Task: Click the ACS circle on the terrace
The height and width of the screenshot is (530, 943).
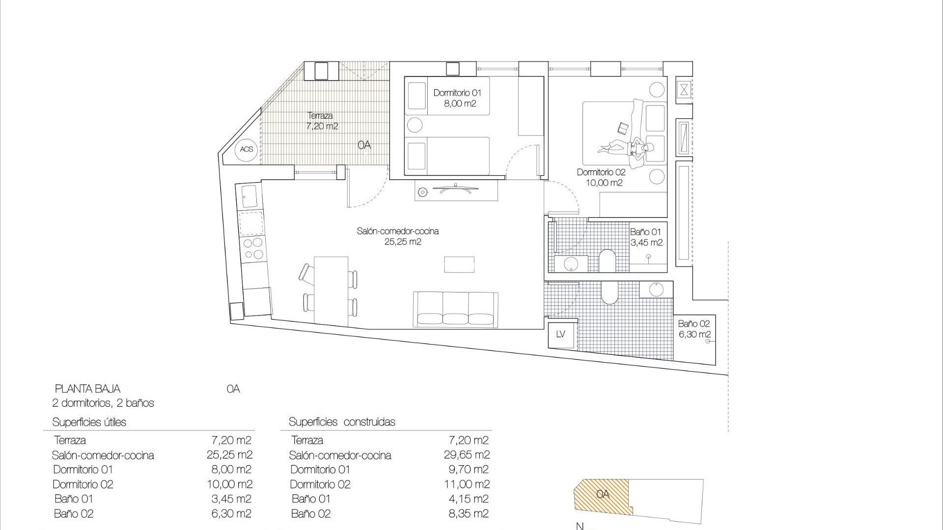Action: pyautogui.click(x=247, y=149)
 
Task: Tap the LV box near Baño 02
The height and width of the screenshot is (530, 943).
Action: pyautogui.click(x=561, y=334)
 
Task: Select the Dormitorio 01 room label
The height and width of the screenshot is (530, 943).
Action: pyautogui.click(x=457, y=98)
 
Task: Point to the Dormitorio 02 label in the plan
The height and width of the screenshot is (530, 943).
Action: pyautogui.click(x=601, y=178)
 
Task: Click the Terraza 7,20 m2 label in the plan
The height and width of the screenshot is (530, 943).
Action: pyautogui.click(x=322, y=121)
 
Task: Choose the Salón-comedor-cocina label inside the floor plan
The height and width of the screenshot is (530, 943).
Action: pyautogui.click(x=398, y=236)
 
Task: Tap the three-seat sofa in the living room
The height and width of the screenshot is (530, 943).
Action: pyautogui.click(x=456, y=309)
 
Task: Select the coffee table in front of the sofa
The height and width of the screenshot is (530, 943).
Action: pyautogui.click(x=459, y=265)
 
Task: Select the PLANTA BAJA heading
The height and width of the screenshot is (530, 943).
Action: pyautogui.click(x=87, y=389)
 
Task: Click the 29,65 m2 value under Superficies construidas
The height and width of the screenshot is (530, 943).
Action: pyautogui.click(x=467, y=455)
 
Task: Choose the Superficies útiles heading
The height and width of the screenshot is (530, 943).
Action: pyautogui.click(x=89, y=422)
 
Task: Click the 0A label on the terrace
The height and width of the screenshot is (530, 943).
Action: pyautogui.click(x=364, y=145)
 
